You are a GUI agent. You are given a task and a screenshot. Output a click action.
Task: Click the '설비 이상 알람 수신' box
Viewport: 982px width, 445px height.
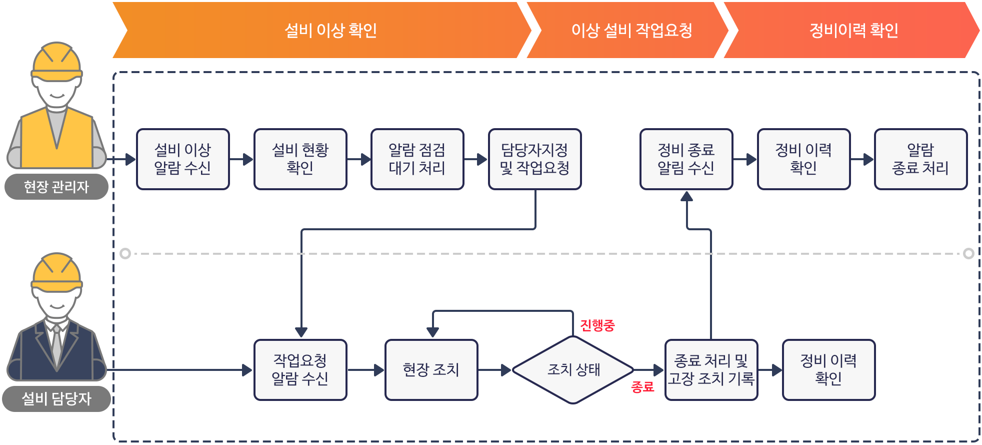pyautogui.click(x=183, y=159)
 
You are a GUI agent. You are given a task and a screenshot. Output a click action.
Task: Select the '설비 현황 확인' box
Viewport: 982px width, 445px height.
pyautogui.click(x=300, y=159)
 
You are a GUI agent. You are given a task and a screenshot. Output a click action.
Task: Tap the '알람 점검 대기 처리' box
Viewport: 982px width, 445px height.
pyautogui.click(x=417, y=159)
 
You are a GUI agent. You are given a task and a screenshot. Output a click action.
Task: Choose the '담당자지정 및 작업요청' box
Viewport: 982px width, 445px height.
pyautogui.click(x=534, y=159)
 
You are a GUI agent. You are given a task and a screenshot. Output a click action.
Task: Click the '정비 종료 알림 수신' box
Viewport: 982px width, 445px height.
pyautogui.click(x=686, y=159)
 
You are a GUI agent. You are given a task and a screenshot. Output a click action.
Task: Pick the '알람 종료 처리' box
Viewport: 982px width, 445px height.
pyautogui.click(x=920, y=159)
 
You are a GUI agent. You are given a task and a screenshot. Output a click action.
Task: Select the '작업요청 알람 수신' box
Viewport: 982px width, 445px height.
pyautogui.click(x=300, y=370)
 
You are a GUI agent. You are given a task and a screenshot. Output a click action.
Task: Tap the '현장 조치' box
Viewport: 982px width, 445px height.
pyautogui.click(x=431, y=370)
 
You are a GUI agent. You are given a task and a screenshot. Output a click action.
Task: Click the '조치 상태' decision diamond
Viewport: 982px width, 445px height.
pyautogui.click(x=573, y=370)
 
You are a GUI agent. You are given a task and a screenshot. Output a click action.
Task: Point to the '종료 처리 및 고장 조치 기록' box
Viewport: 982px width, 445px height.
pyautogui.click(x=711, y=370)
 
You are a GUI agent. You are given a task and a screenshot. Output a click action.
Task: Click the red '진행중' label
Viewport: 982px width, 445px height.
pyautogui.click(x=597, y=325)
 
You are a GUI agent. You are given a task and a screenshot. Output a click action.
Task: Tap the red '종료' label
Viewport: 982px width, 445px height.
pyautogui.click(x=642, y=386)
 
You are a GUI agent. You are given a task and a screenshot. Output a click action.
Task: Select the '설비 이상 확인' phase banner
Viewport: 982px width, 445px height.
pyautogui.click(x=322, y=30)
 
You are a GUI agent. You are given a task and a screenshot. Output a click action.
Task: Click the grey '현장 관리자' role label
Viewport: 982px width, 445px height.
pyautogui.click(x=56, y=187)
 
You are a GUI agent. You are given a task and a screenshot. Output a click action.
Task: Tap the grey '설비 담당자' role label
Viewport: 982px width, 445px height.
pyautogui.click(x=56, y=399)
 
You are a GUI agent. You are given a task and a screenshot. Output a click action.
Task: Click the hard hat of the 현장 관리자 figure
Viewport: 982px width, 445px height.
pyautogui.click(x=56, y=63)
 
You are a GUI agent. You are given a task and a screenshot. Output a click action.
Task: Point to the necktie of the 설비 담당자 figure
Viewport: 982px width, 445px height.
pyautogui.click(x=57, y=345)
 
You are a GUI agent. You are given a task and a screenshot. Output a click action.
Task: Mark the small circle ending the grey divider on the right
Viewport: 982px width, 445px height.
pyautogui.click(x=968, y=253)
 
